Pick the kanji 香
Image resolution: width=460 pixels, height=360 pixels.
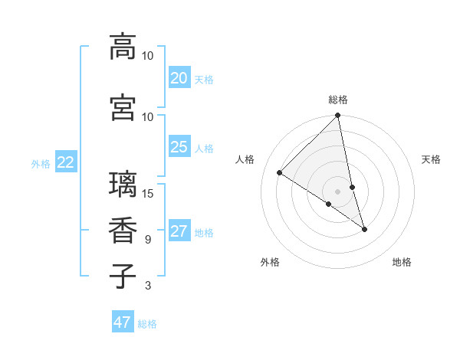pos(123,231)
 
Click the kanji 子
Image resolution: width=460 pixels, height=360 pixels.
pos(123,276)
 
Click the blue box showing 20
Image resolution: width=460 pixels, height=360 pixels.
pos(179,78)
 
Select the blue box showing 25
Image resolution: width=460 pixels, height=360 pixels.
pos(179,147)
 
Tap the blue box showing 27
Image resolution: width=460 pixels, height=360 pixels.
pos(179,231)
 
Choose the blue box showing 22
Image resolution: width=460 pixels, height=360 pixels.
pos(65,162)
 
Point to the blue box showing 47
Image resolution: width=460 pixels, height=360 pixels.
pos(123,322)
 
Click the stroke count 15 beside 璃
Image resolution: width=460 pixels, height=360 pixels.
pos(148,193)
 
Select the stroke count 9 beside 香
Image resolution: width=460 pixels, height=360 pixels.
pos(148,240)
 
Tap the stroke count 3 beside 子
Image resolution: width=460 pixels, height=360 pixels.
pos(148,286)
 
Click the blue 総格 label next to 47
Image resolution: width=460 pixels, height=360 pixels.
pos(148,324)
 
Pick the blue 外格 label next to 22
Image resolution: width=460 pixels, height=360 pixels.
pos(40,163)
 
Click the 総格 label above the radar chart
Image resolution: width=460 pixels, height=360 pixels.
pos(338,100)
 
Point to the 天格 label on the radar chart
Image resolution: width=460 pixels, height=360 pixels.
pos(431,159)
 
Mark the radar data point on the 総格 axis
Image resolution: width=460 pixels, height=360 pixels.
pos(338,116)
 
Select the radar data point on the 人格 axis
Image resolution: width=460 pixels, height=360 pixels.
pos(280,173)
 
